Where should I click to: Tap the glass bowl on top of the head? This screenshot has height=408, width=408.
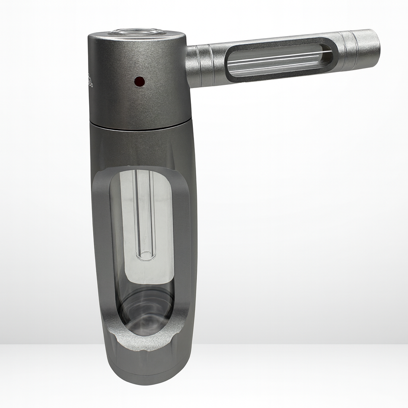point(137,32)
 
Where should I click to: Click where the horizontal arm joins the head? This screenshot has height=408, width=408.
point(190,66)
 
